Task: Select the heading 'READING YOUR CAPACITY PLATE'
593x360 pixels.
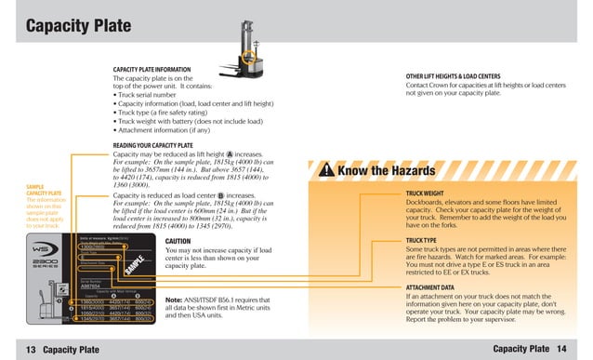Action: point(153,146)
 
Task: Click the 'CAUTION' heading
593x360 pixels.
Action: point(178,241)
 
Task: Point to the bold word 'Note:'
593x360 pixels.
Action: point(174,300)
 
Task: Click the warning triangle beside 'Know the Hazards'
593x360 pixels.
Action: point(326,171)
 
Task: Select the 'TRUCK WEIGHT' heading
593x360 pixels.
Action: point(428,193)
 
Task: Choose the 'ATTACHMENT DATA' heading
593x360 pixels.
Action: point(430,287)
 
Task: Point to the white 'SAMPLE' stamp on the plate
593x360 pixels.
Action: point(134,264)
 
